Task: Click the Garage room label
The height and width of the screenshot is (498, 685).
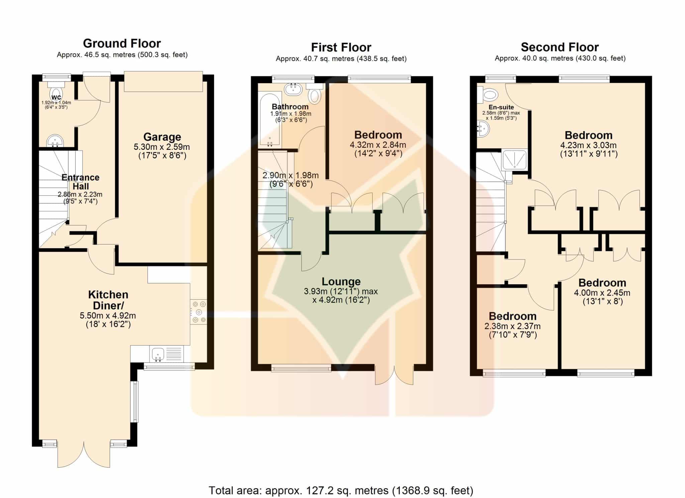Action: click(x=162, y=137)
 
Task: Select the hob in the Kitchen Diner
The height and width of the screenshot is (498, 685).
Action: click(x=199, y=312)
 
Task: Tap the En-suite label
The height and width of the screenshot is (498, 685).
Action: click(x=501, y=107)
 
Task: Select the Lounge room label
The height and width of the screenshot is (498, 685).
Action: click(x=341, y=282)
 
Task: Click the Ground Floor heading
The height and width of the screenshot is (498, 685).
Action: click(x=122, y=43)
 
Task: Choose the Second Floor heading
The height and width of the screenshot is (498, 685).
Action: click(x=560, y=47)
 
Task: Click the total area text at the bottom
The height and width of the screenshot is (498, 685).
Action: click(x=341, y=491)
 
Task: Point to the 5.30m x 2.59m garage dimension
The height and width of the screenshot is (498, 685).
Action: click(x=162, y=147)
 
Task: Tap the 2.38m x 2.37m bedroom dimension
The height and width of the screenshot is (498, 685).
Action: click(x=512, y=326)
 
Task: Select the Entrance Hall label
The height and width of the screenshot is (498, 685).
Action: click(x=81, y=182)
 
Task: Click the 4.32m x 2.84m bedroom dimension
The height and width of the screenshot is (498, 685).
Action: click(x=378, y=145)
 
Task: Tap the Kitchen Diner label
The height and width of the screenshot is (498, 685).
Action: click(x=108, y=300)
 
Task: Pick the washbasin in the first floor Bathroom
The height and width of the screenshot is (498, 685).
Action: click(x=293, y=89)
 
